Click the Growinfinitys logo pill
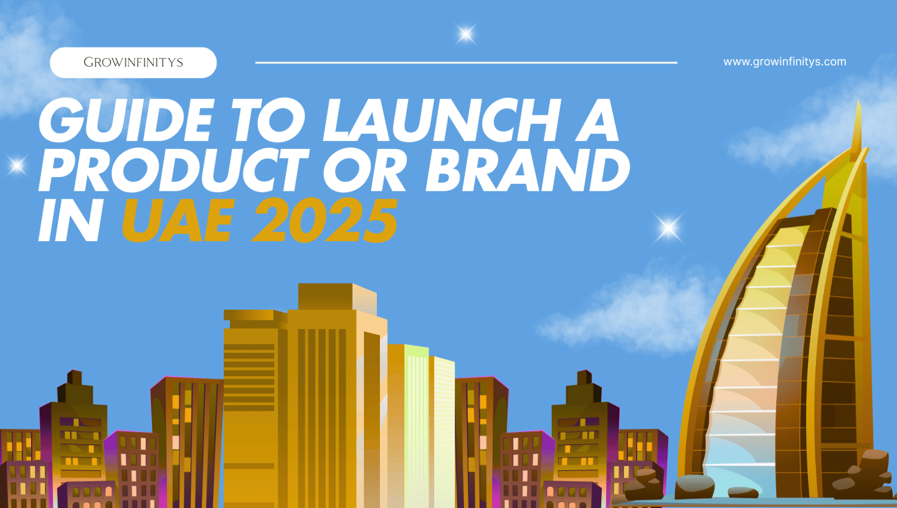(x=133, y=62)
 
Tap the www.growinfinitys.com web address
(x=784, y=62)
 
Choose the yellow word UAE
(x=181, y=223)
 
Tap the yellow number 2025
(x=324, y=223)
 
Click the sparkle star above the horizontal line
(x=465, y=34)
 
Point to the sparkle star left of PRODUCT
(x=17, y=165)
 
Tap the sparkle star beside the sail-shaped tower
(x=668, y=228)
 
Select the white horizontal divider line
(x=466, y=62)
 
